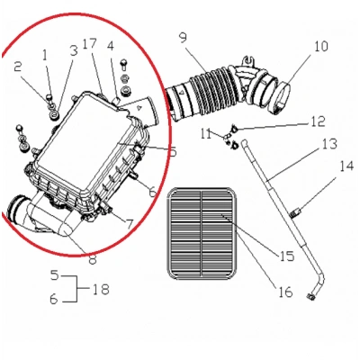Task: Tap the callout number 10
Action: (296, 46)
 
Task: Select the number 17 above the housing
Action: (89, 44)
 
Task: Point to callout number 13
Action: (110, 45)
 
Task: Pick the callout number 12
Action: (318, 121)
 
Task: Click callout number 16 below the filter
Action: (285, 292)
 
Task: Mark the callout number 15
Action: (285, 257)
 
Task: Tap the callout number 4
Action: (110, 45)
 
